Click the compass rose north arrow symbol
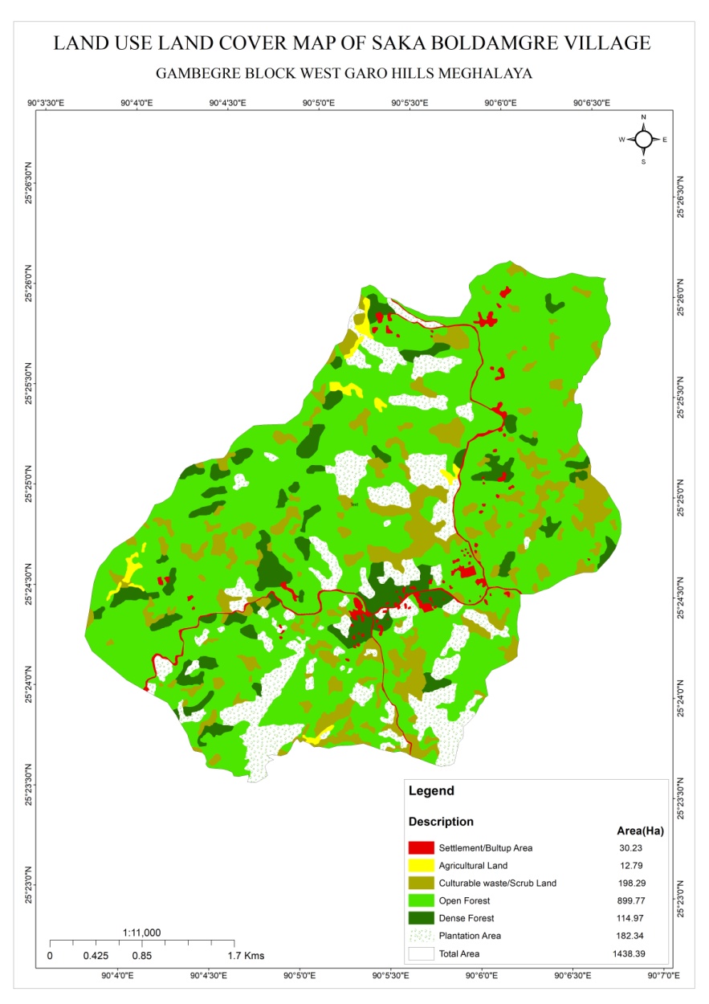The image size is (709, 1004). [x=643, y=139]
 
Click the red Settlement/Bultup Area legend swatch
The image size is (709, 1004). [x=422, y=848]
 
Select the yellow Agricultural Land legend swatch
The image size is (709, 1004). [x=422, y=866]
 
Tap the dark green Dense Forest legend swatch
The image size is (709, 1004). [x=422, y=918]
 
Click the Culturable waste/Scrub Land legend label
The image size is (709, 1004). [x=497, y=884]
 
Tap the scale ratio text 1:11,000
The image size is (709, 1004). [x=142, y=933]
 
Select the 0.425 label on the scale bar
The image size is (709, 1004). [x=96, y=957]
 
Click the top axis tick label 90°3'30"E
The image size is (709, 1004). [x=46, y=103]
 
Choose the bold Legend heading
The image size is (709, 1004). [x=431, y=791]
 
